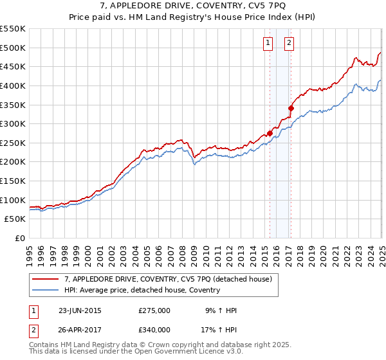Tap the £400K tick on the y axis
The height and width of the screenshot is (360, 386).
click(x=13, y=85)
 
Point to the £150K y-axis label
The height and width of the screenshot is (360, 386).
click(x=13, y=181)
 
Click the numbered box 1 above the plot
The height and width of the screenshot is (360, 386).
click(x=268, y=43)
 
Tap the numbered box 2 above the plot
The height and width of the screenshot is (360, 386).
click(x=289, y=43)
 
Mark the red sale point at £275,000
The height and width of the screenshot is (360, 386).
click(x=270, y=133)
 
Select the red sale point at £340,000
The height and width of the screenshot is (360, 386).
click(x=291, y=108)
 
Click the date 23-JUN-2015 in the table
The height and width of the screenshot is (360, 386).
click(x=80, y=310)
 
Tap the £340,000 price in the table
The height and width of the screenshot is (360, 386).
click(x=154, y=329)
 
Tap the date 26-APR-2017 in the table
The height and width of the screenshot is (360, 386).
click(x=80, y=329)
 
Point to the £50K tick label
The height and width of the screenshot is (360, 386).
click(x=15, y=219)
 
